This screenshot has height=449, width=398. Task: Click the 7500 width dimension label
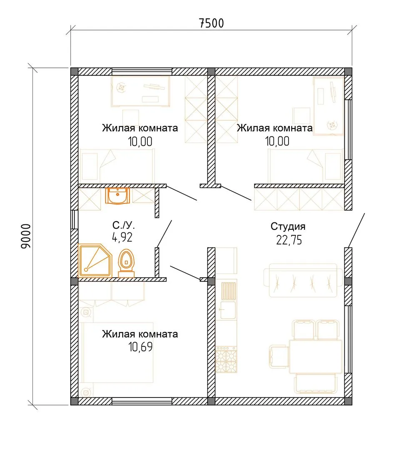coord(211,23)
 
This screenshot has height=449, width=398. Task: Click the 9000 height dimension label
coord(26,236)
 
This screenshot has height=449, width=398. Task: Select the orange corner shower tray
coord(95,260)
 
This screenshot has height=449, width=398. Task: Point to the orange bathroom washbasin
coord(117,196)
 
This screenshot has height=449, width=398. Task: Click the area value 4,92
coord(122,237)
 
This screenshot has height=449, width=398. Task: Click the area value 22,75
coord(289,240)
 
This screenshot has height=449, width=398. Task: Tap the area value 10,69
coord(140,347)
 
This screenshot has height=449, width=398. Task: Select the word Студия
coord(288,227)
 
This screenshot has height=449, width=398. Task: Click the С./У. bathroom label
coord(123,225)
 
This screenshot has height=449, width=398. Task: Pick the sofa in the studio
coord(303,280)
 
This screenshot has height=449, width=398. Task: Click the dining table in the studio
coord(316,357)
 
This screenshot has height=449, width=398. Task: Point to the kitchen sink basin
coord(228,310)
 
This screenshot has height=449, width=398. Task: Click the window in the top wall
coord(142,72)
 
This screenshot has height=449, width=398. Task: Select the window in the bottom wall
coord(142,401)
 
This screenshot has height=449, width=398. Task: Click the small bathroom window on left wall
coord(74,220)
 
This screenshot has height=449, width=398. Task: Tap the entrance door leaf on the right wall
coord(356,230)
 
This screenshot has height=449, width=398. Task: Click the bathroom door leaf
coord(164,234)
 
